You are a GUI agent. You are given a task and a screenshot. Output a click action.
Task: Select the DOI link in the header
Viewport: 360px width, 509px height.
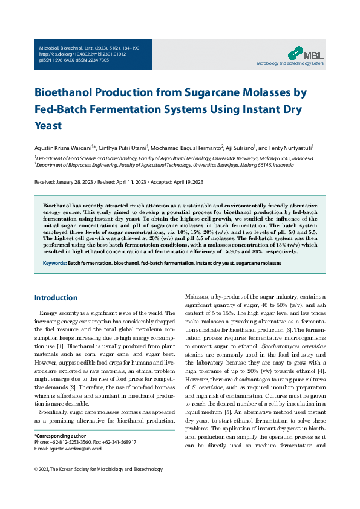pos(74,54)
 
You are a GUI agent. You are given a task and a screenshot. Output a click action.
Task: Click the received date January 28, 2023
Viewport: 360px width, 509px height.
pos(77,182)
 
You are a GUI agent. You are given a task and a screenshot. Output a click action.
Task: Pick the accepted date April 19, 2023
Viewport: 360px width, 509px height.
pos(185,182)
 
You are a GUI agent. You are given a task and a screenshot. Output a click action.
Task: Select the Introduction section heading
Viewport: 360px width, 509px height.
pos(56,298)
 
